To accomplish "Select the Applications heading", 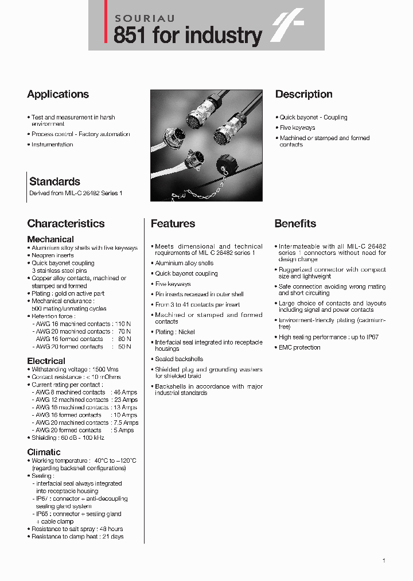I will [58, 94].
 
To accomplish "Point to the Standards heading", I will [54, 181].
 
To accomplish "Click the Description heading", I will [303, 94].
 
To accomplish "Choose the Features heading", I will [173, 223].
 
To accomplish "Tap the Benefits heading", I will [295, 223].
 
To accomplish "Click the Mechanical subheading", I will [50, 239].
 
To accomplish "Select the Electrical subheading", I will [46, 361].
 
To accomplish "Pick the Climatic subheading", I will [44, 452].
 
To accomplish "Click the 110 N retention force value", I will [122, 324].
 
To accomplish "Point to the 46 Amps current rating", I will [126, 392].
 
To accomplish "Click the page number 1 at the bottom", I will [384, 560].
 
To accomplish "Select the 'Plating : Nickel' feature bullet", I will [175, 332].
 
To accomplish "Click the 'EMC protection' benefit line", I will [299, 347].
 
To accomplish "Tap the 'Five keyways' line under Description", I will [297, 127].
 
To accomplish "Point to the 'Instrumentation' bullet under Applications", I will [52, 145].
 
